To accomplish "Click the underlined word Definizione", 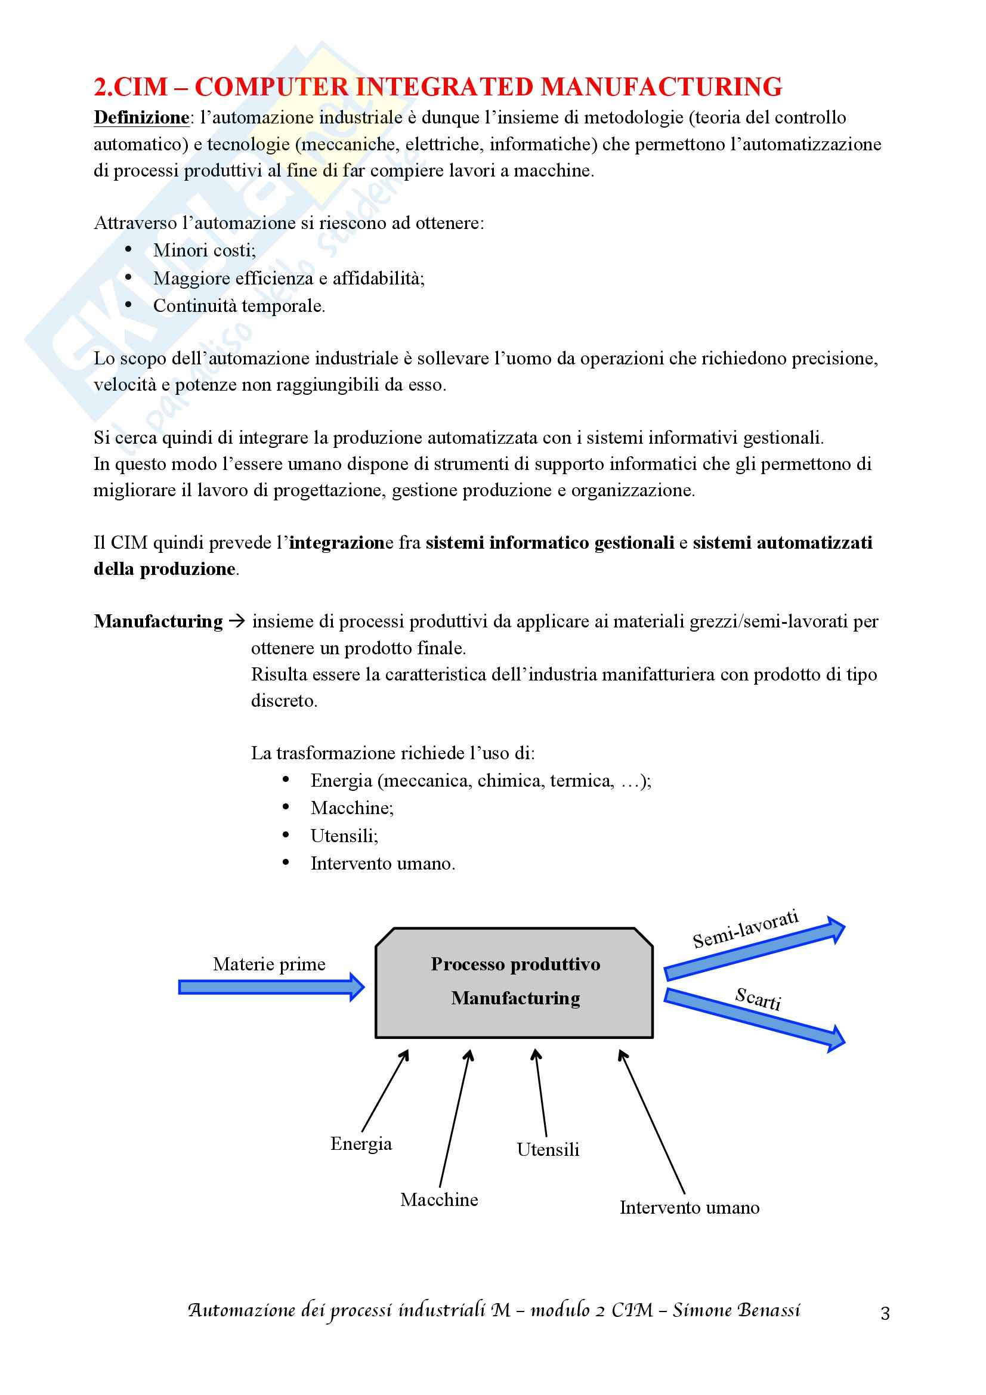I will click(141, 117).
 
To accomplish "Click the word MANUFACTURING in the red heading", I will click(661, 87).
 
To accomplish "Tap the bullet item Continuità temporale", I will click(239, 305).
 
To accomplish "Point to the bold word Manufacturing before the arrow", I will click(159, 621).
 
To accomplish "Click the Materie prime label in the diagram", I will click(269, 964).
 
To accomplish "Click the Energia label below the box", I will click(361, 1143).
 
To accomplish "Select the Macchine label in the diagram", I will click(439, 1200).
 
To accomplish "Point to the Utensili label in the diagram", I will click(548, 1149).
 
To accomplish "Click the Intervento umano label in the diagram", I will click(690, 1207).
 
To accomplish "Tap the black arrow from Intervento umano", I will click(651, 1122).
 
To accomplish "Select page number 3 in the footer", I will click(885, 1313).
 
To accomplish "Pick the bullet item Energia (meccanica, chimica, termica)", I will click(480, 781).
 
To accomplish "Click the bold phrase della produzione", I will click(165, 570).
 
